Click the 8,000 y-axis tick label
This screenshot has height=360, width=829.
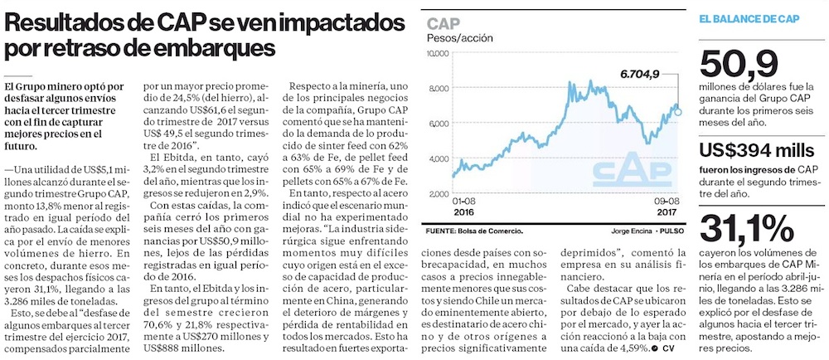(439, 88)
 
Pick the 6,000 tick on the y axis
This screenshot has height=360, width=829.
(439, 123)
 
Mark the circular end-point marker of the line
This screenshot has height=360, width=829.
(678, 111)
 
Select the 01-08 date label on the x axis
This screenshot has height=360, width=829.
(464, 201)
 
